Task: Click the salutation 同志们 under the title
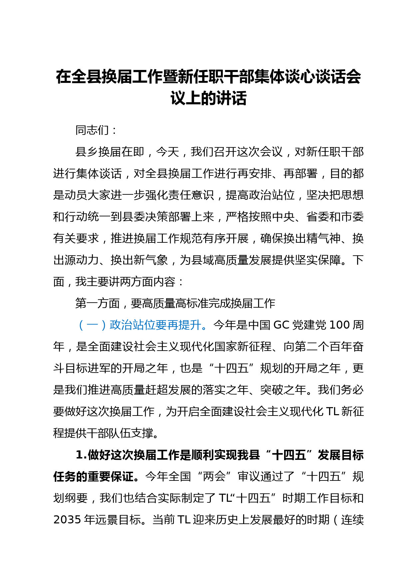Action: coord(92,130)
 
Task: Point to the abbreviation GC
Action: coord(281,325)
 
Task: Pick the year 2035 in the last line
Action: coord(67,520)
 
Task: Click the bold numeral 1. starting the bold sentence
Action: coord(81,455)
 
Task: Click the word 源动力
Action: coord(82,260)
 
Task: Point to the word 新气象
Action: coord(151,260)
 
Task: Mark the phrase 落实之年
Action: coord(225,390)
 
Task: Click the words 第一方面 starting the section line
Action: coord(98,303)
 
